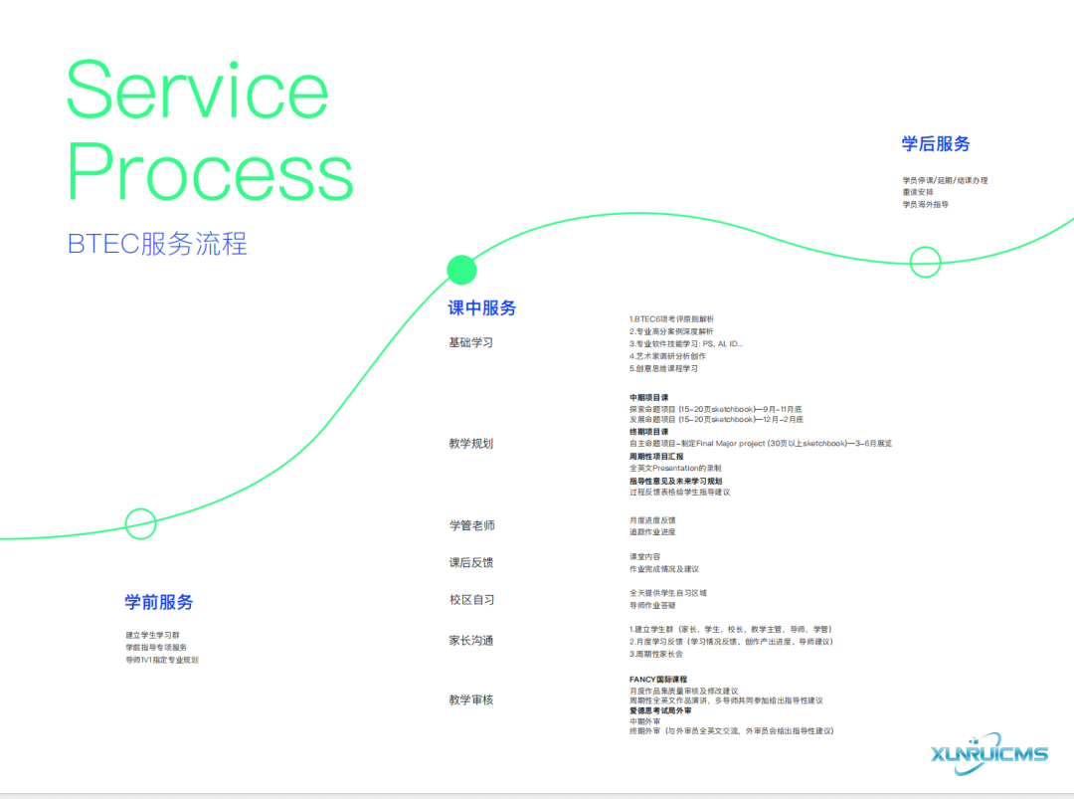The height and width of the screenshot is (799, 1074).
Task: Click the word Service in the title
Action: pos(197,92)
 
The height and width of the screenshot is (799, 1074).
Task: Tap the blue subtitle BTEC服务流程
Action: pos(157,244)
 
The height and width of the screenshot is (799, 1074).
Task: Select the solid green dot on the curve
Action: pos(461,270)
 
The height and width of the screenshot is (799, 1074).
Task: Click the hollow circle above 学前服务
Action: pos(140,523)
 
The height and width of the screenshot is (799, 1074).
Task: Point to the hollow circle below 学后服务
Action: pos(925,262)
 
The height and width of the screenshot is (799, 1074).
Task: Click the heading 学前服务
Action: pos(159,602)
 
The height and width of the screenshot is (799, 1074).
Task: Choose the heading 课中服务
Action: pos(482,308)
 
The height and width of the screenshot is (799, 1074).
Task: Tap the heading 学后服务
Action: pos(936,144)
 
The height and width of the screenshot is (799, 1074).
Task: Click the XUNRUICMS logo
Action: pos(990,753)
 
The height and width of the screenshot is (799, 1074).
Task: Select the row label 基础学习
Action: pos(471,343)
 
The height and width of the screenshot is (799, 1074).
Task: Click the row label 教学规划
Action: pos(471,444)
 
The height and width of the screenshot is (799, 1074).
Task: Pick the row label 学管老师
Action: pos(471,525)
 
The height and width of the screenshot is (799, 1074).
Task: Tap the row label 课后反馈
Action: pos(471,562)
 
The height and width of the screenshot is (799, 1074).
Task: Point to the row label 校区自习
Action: pos(471,600)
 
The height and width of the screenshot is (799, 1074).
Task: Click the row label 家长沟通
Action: pos(471,641)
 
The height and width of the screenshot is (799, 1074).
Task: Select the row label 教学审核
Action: pos(471,700)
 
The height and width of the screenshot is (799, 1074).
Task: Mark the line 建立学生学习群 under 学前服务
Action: pos(153,635)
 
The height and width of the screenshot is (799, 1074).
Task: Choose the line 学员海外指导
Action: pos(926,204)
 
